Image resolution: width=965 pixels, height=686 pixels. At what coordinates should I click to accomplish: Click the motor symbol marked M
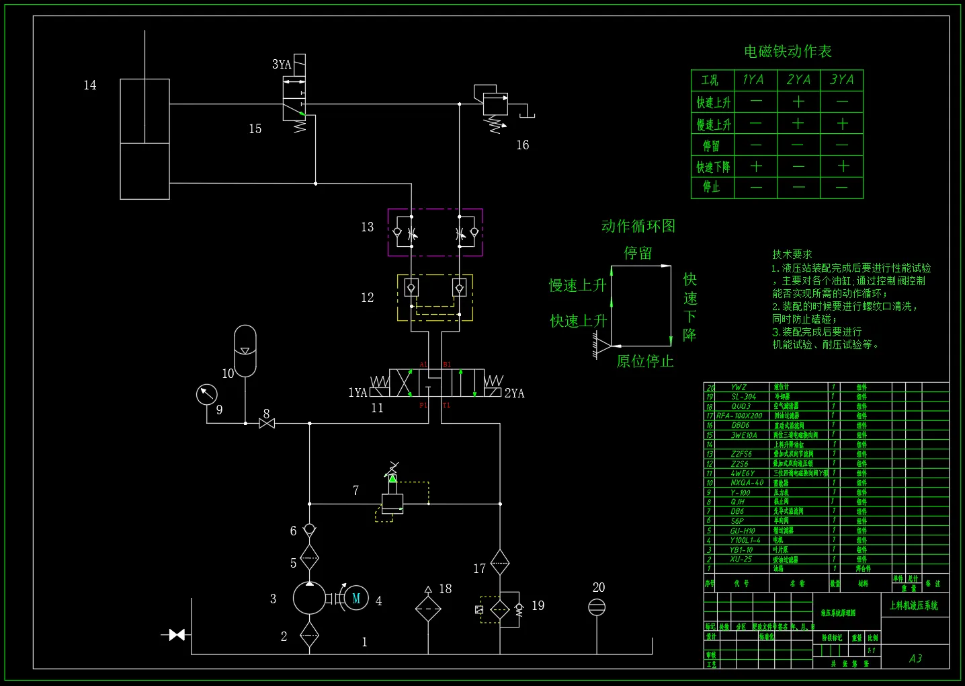point(356,598)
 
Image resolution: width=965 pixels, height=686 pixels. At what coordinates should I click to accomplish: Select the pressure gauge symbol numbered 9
point(207,394)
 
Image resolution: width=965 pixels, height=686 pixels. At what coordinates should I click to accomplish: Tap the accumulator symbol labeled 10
point(245,350)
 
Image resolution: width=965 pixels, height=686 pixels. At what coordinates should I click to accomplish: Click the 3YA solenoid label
point(282,65)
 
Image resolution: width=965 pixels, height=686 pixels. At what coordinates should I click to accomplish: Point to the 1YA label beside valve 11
point(358,393)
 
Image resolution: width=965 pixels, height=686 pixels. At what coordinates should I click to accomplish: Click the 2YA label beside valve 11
point(514,393)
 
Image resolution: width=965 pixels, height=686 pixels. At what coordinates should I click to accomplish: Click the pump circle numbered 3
point(309,598)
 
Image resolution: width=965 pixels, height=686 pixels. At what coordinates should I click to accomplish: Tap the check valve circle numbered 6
point(309,530)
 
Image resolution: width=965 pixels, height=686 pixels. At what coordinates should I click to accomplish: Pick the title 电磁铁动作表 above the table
point(788,52)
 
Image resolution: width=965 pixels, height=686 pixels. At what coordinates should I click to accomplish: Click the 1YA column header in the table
point(753,80)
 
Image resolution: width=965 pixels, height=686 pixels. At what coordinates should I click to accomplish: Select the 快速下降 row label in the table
point(713,167)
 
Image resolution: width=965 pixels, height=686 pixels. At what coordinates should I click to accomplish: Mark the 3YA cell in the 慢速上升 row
point(842,124)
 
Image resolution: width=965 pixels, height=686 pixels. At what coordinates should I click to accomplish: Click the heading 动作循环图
point(638,226)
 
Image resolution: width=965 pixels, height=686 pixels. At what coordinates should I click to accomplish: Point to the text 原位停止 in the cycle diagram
point(644,362)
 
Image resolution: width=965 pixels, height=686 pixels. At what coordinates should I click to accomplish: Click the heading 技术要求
point(792,254)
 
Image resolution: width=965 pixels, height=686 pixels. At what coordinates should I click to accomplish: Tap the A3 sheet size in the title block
point(915,658)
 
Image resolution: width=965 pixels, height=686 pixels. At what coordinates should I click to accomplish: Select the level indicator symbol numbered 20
point(597,607)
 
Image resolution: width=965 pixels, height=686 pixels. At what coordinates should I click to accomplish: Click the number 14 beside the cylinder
point(90,85)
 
